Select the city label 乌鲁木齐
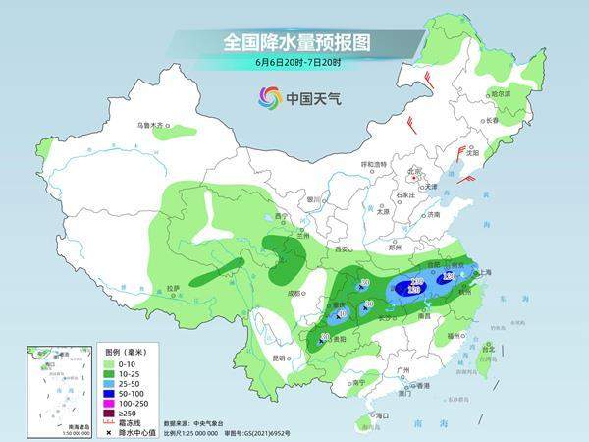coord(152,125)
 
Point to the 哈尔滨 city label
coord(502,93)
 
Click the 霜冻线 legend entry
coord(135,423)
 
